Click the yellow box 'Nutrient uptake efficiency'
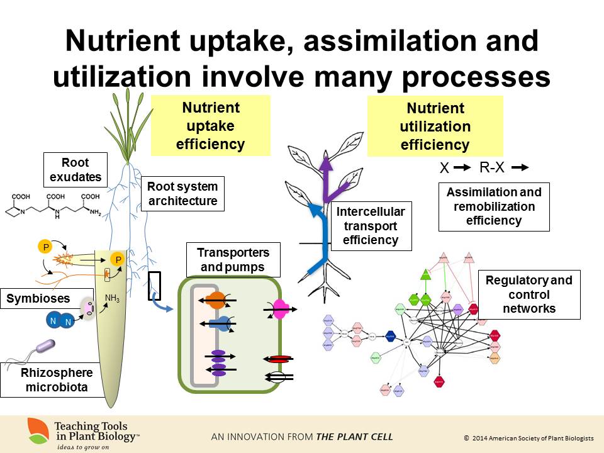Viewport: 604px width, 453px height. coord(210,125)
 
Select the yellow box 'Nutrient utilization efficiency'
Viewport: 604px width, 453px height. coord(435,126)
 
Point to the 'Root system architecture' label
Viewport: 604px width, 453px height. coord(182,194)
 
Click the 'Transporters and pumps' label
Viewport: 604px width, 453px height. coord(233,259)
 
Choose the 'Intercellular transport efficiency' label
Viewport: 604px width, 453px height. coord(371,225)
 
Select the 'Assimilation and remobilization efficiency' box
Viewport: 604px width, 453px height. coord(493,206)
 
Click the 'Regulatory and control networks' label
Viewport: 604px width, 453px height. coord(529,294)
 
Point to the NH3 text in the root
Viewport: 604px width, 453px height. coord(112,298)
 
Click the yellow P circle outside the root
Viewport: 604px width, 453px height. coord(45,247)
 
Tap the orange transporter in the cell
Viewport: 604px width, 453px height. coord(216,301)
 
